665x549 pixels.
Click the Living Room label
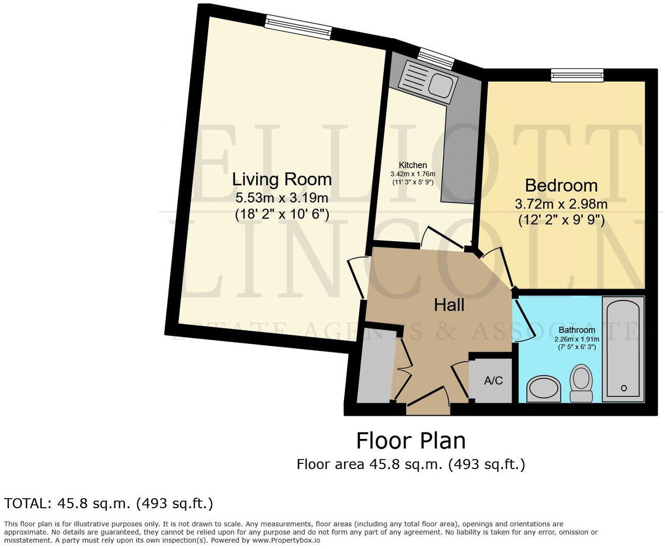(282, 179)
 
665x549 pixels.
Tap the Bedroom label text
(561, 186)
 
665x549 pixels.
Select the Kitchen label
(412, 165)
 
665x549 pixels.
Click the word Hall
(449, 305)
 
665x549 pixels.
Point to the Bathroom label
(577, 330)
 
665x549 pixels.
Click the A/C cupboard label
(493, 380)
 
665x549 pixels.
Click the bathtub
(623, 349)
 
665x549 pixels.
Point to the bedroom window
(577, 76)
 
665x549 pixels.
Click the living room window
(299, 26)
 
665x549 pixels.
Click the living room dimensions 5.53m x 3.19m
(282, 198)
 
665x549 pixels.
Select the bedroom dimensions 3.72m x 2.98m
(561, 204)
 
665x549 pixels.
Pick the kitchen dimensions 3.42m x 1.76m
(412, 174)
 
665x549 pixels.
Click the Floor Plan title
(411, 441)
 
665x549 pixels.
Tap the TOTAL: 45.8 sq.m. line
(109, 503)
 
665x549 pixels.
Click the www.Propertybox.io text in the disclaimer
(286, 541)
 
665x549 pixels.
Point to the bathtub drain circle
(624, 388)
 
